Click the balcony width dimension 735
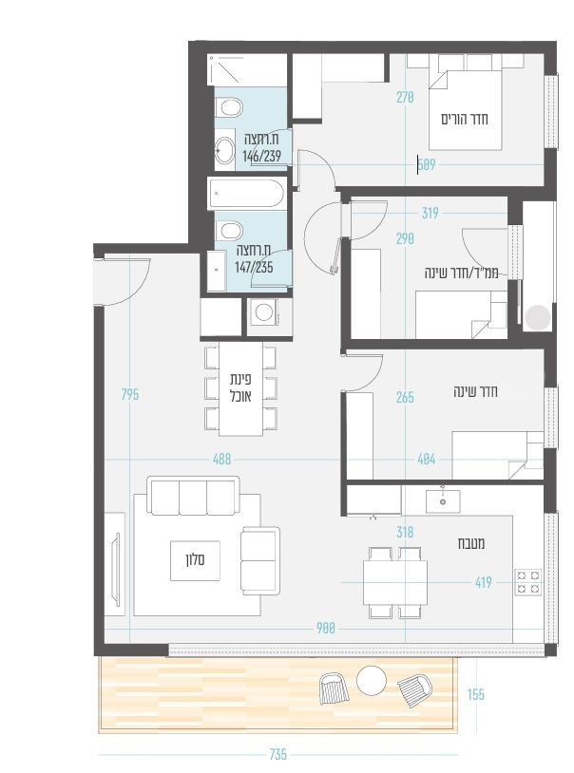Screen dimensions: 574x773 pyautogui.click(x=278, y=754)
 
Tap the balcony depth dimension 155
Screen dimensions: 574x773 pyautogui.click(x=476, y=694)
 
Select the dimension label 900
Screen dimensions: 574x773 pyautogui.click(x=326, y=628)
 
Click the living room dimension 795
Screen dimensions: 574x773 pyautogui.click(x=130, y=395)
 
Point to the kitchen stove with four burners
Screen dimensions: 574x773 pyautogui.click(x=528, y=582)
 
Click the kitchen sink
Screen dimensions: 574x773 pyautogui.click(x=443, y=501)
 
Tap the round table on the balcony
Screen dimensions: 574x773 pyautogui.click(x=372, y=680)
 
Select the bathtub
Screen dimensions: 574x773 pyautogui.click(x=246, y=194)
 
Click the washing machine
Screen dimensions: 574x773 pyautogui.click(x=264, y=312)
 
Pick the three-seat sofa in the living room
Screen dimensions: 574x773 pyautogui.click(x=194, y=496)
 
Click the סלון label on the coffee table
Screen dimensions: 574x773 pyautogui.click(x=196, y=560)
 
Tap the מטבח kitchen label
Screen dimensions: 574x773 pyautogui.click(x=470, y=543)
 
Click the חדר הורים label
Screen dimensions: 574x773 pyautogui.click(x=465, y=119)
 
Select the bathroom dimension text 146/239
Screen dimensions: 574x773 pyautogui.click(x=261, y=157)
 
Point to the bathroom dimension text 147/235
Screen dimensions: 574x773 pyautogui.click(x=254, y=268)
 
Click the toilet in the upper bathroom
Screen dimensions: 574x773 pyautogui.click(x=229, y=107)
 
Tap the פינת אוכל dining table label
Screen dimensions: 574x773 pyautogui.click(x=240, y=387)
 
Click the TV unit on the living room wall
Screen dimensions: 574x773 pyautogui.click(x=114, y=563)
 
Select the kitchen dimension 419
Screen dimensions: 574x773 pyautogui.click(x=483, y=583)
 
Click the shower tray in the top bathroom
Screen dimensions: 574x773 pyautogui.click(x=226, y=69)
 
